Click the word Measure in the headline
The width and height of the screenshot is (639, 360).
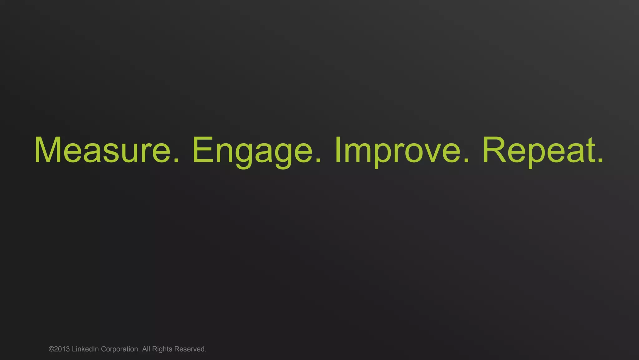tap(102, 150)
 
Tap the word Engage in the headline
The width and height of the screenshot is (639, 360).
tap(252, 150)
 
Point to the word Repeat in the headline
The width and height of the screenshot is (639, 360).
tap(538, 150)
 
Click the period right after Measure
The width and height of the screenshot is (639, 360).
tap(176, 160)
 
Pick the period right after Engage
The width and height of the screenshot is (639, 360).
tap(318, 160)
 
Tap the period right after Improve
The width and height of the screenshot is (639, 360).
tap(466, 160)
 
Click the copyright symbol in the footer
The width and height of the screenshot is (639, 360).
tap(51, 349)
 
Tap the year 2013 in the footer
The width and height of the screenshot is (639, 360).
tap(62, 349)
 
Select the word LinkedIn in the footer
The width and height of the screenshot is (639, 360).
tap(85, 349)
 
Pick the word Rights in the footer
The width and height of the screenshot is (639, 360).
tap(162, 349)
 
